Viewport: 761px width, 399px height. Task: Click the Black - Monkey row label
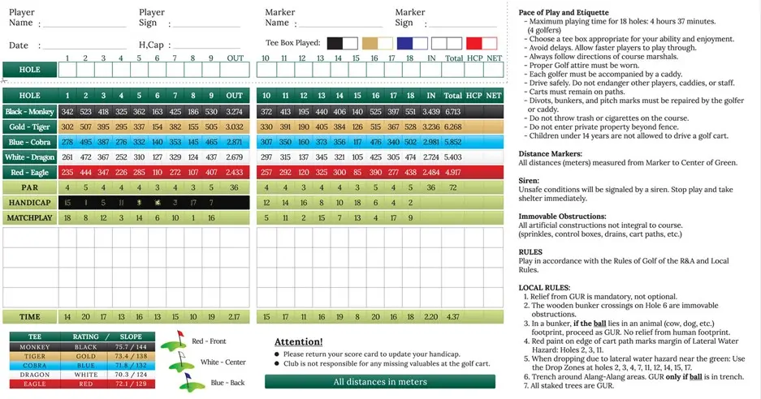[29, 111]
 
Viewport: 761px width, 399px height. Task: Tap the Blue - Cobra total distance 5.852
[453, 142]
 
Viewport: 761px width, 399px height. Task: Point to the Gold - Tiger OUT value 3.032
[234, 127]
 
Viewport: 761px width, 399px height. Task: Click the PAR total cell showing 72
[453, 188]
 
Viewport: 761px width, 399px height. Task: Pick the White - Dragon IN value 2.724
[431, 157]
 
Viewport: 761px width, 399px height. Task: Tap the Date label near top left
[19, 45]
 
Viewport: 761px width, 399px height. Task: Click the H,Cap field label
[151, 45]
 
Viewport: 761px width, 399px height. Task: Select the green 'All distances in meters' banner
[379, 382]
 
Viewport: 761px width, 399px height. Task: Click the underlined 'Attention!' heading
[298, 341]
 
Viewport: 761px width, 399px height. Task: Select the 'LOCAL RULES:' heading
[545, 288]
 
